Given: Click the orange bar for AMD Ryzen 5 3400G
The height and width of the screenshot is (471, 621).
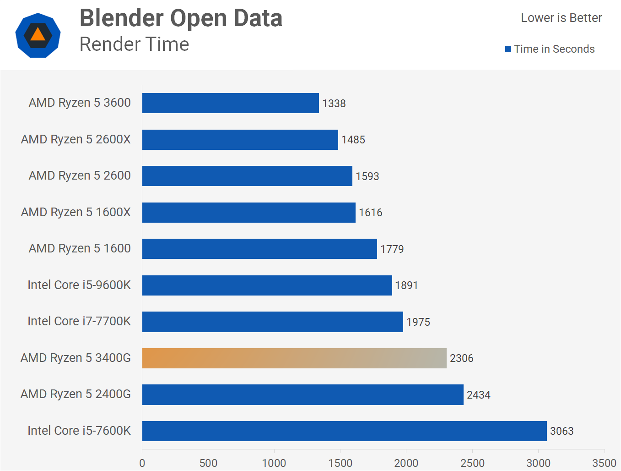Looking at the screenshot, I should click(x=294, y=358).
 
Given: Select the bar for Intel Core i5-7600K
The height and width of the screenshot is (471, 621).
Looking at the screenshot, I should click(x=344, y=431).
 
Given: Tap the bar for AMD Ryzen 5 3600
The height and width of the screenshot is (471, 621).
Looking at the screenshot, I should click(x=230, y=103).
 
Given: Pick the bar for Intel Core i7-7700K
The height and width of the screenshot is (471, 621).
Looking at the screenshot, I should click(x=272, y=322).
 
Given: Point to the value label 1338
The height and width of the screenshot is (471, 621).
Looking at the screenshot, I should click(x=334, y=104).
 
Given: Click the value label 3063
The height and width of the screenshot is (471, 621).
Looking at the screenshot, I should click(x=562, y=431).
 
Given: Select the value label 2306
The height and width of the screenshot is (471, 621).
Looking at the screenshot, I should click(x=461, y=358).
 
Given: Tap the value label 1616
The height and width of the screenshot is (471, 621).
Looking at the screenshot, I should click(x=371, y=213).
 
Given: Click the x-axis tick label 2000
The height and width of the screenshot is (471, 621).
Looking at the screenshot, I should click(x=406, y=463).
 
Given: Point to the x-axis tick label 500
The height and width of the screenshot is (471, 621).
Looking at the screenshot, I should click(x=208, y=463).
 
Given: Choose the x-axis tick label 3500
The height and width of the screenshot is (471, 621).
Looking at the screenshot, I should click(x=604, y=463).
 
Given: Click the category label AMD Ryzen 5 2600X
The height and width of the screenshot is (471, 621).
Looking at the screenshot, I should click(x=76, y=139).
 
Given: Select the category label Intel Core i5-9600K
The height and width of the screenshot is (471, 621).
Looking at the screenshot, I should click(x=79, y=285).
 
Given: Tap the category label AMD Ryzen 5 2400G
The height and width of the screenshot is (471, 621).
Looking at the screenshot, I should click(x=76, y=394).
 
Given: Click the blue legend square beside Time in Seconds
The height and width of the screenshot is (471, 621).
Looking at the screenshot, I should click(x=508, y=49).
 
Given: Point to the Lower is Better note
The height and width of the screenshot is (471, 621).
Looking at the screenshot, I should click(x=561, y=18).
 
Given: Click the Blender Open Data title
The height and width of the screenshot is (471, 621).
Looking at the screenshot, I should click(x=181, y=18).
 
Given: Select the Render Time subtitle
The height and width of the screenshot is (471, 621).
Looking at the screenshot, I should click(x=134, y=44).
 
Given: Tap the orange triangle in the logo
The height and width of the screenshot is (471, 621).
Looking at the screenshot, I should click(x=38, y=35).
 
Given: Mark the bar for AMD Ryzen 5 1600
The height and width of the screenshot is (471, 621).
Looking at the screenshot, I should click(x=259, y=249).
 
